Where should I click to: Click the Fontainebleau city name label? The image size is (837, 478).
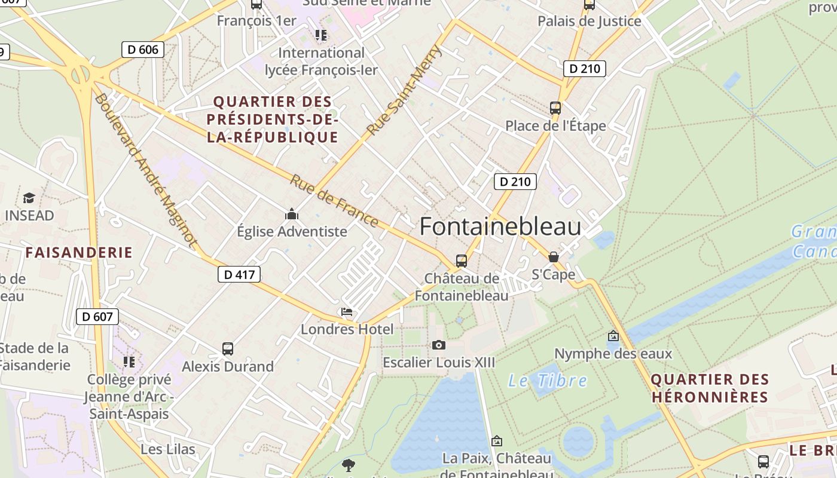click(500, 227)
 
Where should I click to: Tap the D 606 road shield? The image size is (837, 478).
click(143, 50)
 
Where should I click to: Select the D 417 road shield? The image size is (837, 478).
click(239, 275)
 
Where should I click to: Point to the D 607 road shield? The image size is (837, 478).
click(97, 317)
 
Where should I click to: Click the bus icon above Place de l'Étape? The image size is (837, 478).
click(555, 108)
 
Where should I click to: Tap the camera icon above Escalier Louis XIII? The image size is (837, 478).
click(439, 345)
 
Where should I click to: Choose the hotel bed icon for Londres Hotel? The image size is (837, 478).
click(346, 312)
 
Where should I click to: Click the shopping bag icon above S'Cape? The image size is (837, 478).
click(554, 257)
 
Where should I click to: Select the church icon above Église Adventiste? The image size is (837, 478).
click(292, 214)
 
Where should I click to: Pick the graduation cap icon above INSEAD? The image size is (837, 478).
click(29, 198)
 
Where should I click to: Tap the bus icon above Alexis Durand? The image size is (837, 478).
click(228, 349)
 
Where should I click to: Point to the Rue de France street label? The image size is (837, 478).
click(335, 201)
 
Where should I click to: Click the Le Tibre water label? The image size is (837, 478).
click(548, 381)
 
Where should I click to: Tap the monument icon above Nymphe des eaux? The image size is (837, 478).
click(613, 336)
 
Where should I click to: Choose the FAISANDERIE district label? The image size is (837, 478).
click(79, 252)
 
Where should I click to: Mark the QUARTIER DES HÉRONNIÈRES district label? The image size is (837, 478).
click(710, 388)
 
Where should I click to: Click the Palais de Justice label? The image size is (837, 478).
click(589, 22)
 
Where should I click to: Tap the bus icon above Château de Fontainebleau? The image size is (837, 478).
click(461, 261)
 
